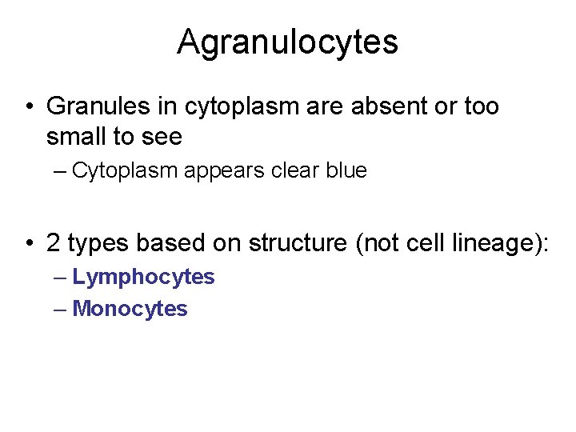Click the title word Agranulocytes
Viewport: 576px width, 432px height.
[x=287, y=42]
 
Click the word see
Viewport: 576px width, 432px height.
[x=162, y=138]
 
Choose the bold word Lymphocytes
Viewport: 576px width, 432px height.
[x=143, y=277]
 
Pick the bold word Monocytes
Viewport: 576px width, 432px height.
[x=130, y=309]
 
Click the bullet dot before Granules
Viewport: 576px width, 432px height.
[x=27, y=107]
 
